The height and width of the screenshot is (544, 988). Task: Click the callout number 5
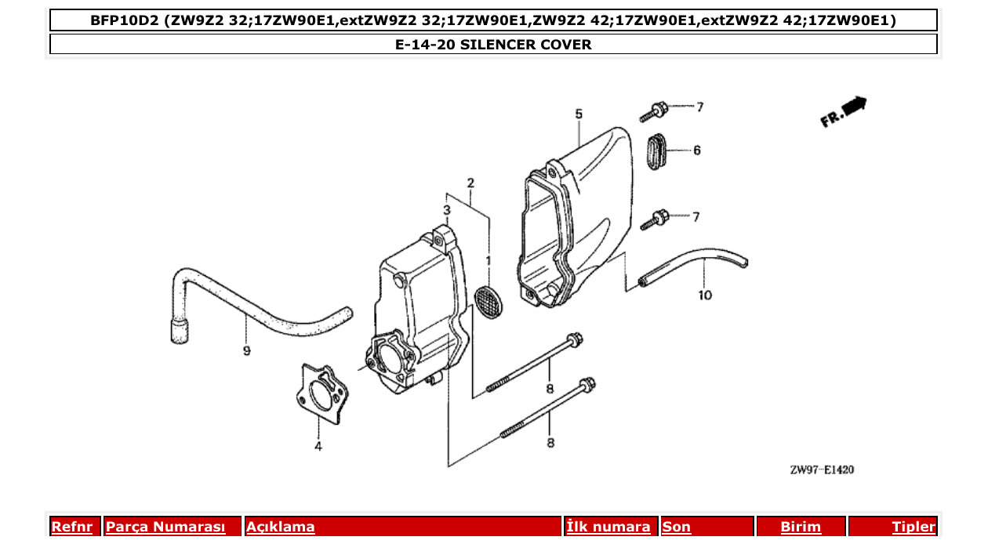[x=579, y=114]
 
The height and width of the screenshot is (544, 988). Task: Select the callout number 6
[x=696, y=150]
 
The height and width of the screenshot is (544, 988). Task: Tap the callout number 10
[x=705, y=296]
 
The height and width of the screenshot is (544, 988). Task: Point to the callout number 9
[x=246, y=351]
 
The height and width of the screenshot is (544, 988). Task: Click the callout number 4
[x=318, y=447]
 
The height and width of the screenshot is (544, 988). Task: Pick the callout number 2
[x=470, y=183]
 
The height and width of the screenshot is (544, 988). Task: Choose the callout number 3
[x=446, y=210]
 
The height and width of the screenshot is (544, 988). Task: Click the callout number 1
[x=488, y=259]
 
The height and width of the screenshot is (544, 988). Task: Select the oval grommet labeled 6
[x=656, y=150]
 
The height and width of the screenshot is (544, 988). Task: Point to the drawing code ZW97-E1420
[x=822, y=470]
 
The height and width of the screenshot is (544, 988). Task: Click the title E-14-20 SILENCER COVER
[x=493, y=45]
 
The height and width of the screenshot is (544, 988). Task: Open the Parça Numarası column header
[x=165, y=527]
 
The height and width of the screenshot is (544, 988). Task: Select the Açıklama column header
[x=281, y=527]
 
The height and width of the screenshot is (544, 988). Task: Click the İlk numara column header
[x=608, y=527]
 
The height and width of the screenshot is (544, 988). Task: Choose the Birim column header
[x=801, y=527]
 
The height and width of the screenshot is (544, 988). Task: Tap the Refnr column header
[x=71, y=527]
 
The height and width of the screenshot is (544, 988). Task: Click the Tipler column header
[x=914, y=527]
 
